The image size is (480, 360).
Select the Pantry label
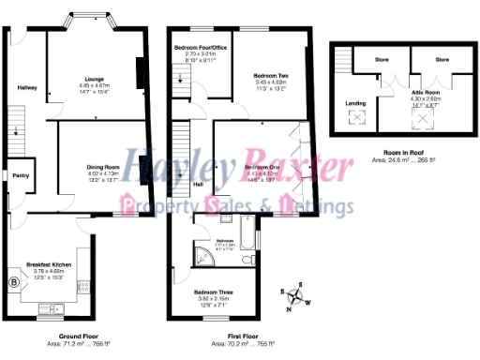[x=17, y=175]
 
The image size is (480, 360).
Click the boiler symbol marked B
[x=13, y=281]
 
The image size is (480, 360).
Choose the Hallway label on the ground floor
[x=27, y=87]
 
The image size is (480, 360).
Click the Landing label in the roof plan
[x=356, y=103]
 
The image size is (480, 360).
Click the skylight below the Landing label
[x=357, y=118]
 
